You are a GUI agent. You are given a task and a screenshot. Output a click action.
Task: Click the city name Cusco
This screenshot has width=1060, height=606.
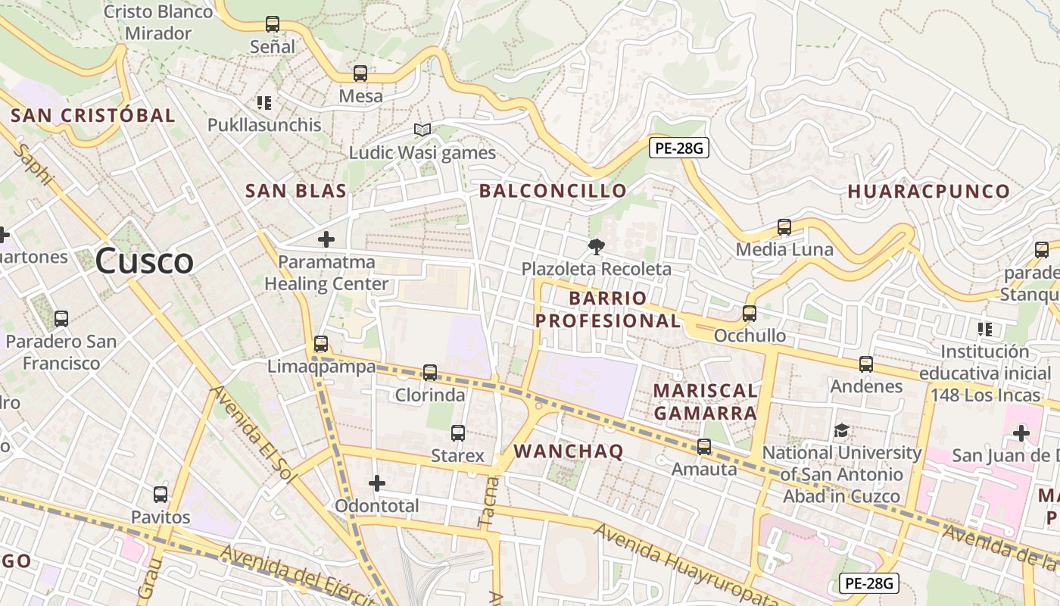[x=145, y=261]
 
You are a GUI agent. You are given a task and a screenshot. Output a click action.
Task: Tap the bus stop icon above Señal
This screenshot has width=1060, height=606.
[x=273, y=24]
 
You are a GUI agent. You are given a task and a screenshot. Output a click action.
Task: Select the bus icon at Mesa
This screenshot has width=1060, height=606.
[x=360, y=73]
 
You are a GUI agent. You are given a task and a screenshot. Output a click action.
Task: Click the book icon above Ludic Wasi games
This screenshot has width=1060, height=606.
[x=422, y=130]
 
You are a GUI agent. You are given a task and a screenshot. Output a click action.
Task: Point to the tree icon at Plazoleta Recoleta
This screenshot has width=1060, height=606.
[x=597, y=246]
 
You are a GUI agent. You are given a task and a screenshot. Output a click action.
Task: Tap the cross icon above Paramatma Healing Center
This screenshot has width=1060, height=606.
[x=326, y=239]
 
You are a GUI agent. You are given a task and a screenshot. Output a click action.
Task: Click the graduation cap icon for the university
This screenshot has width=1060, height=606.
[x=841, y=431]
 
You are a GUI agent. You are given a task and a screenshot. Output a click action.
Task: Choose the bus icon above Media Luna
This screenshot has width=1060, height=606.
[x=784, y=227]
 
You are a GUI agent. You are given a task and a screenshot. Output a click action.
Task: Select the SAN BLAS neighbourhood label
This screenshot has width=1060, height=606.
[x=296, y=191]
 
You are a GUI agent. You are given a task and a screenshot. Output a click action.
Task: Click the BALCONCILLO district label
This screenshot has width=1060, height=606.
[x=553, y=191]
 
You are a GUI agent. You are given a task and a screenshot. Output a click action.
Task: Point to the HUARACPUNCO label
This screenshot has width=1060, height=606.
[x=929, y=191]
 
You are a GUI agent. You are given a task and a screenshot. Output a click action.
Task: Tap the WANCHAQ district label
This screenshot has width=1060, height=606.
[x=569, y=451]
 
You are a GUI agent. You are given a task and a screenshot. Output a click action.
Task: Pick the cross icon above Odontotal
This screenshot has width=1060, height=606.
[x=377, y=483]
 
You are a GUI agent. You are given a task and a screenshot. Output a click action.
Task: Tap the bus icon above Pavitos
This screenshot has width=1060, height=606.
[x=161, y=495]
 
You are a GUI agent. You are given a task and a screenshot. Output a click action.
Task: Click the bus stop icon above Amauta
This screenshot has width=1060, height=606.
[x=704, y=447]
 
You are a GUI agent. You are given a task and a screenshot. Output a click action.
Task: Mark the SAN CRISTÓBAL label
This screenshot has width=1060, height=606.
[x=93, y=116]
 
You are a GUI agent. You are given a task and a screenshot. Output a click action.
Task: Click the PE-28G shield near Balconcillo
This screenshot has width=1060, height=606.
[x=678, y=148]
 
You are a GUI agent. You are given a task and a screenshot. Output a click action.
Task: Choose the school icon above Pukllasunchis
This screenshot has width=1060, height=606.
[x=264, y=102]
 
